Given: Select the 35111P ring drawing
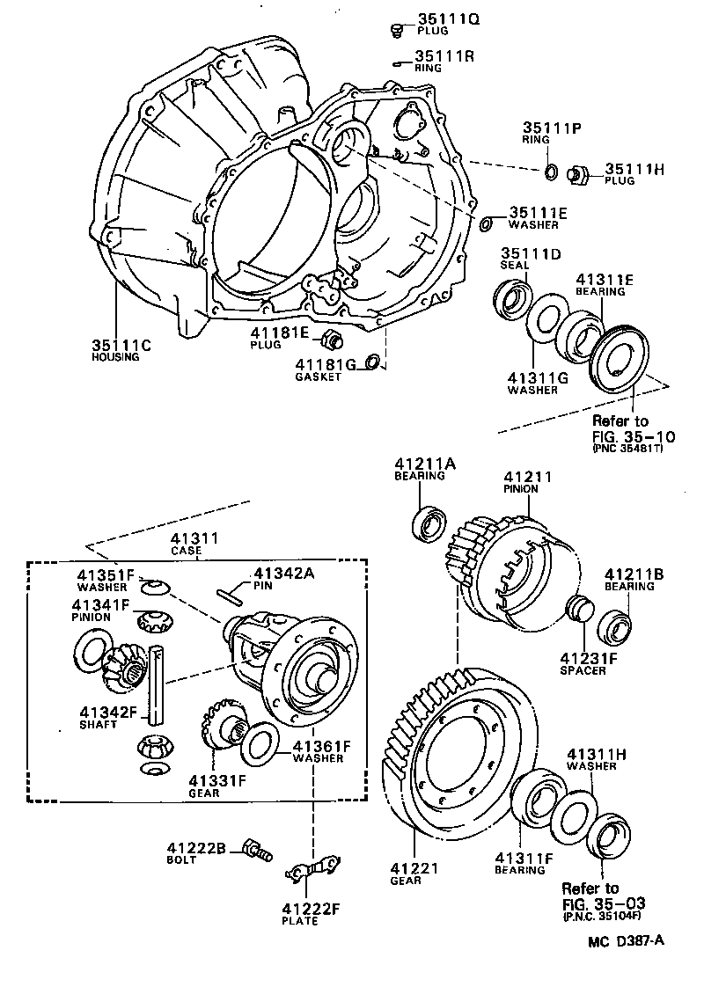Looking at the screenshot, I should pos(550,171).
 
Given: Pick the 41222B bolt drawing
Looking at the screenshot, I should pos(256,850).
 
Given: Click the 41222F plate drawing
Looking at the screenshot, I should pos(312,868).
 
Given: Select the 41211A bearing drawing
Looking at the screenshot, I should pos(431,523).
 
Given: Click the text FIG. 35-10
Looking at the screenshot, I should pos(626,435).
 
